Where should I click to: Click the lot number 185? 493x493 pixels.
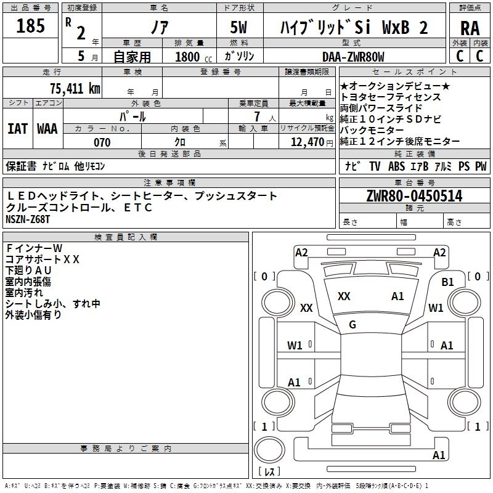30,25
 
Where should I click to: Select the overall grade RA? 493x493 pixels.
470,28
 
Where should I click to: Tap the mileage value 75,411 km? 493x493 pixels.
75,88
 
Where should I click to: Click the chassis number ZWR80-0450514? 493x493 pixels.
414,196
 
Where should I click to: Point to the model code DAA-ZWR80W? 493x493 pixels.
353,57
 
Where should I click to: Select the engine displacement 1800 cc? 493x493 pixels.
194,57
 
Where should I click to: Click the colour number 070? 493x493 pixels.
102,142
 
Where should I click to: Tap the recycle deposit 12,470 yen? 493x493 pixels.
312,142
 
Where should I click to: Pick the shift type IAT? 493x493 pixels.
18,129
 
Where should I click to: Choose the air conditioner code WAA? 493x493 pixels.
47,129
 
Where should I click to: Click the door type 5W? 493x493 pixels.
238,27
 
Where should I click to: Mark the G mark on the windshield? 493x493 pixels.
352,325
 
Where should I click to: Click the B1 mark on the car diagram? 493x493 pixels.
447,282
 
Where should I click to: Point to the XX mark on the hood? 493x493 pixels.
344,296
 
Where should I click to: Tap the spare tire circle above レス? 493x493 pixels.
269,450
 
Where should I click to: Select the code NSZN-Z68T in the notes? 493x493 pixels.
28,219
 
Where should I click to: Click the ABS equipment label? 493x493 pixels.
396,166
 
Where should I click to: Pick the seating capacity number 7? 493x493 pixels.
257,116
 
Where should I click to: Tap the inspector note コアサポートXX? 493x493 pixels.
43,259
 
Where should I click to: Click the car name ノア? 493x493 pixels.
160,27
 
